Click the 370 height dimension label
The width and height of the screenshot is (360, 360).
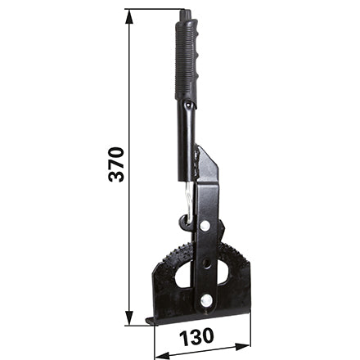(x=116, y=164)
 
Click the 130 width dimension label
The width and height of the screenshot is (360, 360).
(x=196, y=336)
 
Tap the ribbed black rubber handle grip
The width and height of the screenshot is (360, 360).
(x=187, y=60)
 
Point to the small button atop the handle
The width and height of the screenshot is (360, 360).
(x=185, y=14)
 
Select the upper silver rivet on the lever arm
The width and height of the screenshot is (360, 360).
(x=205, y=226)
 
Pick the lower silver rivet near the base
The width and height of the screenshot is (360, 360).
(x=206, y=300)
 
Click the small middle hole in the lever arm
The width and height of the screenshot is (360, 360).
(x=206, y=263)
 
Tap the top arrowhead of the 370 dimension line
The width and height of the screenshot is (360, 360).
(x=129, y=17)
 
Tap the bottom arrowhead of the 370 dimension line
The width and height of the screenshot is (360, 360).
(x=129, y=317)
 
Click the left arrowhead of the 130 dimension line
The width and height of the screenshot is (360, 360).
(x=162, y=354)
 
